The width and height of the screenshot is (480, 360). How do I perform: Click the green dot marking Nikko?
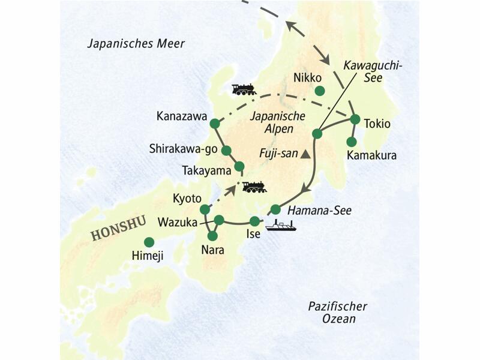pyautogui.click(x=320, y=91)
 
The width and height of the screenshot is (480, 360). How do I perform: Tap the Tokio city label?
pyautogui.click(x=377, y=124)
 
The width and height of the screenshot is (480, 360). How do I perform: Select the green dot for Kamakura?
pyautogui.click(x=352, y=142)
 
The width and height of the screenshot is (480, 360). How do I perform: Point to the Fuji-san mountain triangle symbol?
pyautogui.click(x=305, y=154)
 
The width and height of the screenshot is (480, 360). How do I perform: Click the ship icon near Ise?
pyautogui.click(x=281, y=226)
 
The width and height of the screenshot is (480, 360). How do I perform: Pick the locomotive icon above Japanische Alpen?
pyautogui.click(x=244, y=89)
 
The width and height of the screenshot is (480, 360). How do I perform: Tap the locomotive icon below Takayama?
pyautogui.click(x=254, y=187)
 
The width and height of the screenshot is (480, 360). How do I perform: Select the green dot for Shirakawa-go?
pyautogui.click(x=227, y=150)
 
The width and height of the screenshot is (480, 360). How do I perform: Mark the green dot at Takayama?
pyautogui.click(x=239, y=166)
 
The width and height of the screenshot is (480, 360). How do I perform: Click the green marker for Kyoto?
pyautogui.click(x=205, y=209)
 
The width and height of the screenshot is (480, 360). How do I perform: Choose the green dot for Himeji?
pyautogui.click(x=149, y=242)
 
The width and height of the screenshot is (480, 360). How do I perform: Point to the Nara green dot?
pyautogui.click(x=212, y=236)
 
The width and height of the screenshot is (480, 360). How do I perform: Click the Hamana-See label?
pyautogui.click(x=319, y=210)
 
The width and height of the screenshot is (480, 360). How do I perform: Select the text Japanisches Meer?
pyautogui.click(x=136, y=44)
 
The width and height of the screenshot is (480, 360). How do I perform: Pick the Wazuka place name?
pyautogui.click(x=178, y=222)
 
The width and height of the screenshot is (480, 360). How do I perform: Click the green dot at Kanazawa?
pyautogui.click(x=214, y=124)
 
